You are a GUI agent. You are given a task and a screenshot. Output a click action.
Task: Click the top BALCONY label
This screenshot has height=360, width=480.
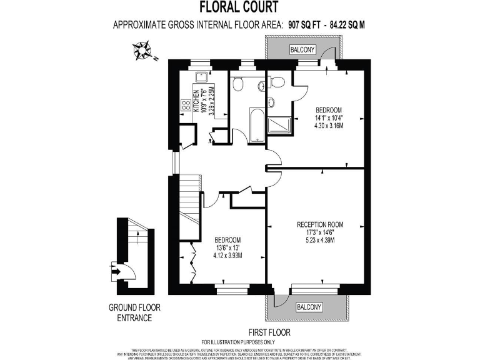click(x=302, y=49)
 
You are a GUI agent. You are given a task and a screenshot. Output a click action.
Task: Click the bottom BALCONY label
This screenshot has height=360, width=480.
click(x=309, y=307)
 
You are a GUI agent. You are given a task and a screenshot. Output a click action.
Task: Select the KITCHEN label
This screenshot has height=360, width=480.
click(x=196, y=101)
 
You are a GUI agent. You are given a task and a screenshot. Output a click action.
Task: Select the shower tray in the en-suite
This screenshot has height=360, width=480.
click(x=279, y=125)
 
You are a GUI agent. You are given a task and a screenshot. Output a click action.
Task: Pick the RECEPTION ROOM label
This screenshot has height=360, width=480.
click(x=320, y=224)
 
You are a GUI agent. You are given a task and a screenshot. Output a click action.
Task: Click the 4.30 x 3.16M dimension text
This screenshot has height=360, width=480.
click(x=329, y=125)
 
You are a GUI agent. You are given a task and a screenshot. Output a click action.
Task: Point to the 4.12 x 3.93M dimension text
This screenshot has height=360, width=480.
click(x=228, y=256)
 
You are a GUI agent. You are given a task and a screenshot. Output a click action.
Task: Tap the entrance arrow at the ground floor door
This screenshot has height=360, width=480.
click(x=114, y=271)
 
